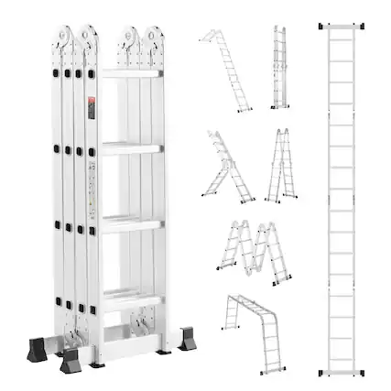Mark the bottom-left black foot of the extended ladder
pos(321,374)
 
